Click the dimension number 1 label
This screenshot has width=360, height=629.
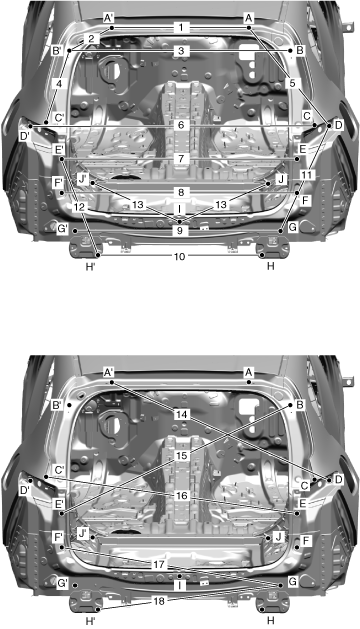[181, 28]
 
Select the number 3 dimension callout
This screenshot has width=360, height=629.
[181, 51]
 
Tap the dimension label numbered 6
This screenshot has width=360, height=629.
[181, 126]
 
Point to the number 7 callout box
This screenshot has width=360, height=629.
[181, 159]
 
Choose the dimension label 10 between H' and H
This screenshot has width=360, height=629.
[180, 256]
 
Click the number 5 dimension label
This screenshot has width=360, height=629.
[292, 83]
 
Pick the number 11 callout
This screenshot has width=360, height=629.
[307, 174]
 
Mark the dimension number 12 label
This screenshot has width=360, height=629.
[80, 207]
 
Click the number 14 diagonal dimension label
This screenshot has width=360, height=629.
[182, 414]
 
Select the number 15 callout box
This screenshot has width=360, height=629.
[182, 456]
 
